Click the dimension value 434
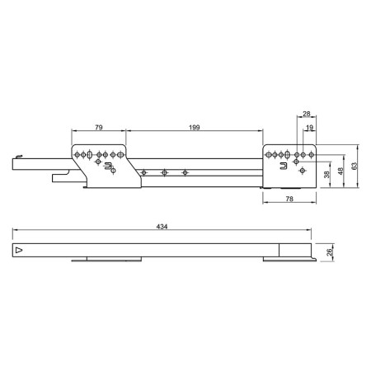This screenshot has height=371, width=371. coord(162,227)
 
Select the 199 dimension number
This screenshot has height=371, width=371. coord(195,128)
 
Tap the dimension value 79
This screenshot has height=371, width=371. coord(99,128)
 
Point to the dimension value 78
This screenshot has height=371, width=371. coord(289,199)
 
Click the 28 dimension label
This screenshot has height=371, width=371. coord(307,114)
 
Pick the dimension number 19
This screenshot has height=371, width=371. coord(309,128)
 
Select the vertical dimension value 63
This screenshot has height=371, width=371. coord(355,166)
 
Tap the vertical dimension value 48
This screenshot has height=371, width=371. coord(340,171)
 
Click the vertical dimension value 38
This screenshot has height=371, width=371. coord(326,175)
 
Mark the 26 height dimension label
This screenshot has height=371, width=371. coord(330,252)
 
